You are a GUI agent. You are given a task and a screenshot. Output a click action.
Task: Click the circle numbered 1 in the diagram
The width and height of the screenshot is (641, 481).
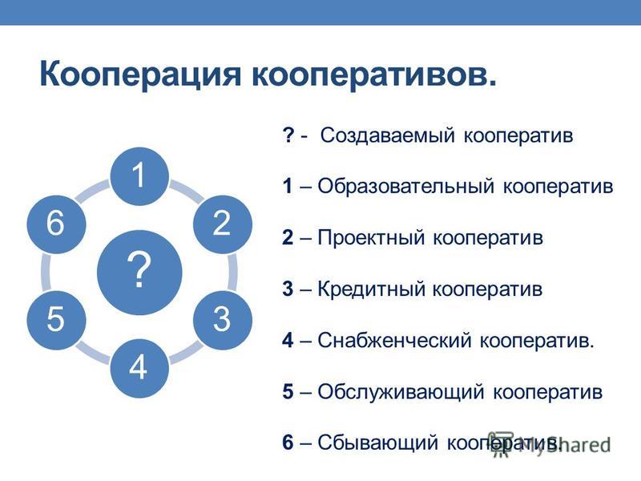click(x=139, y=176)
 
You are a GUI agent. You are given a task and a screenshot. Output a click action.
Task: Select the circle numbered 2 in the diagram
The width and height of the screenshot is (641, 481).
click(x=223, y=224)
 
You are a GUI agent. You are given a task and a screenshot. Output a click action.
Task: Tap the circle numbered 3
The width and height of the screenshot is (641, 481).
click(x=223, y=320)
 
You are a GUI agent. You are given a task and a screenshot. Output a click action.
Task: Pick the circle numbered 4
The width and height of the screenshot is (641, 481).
click(x=139, y=368)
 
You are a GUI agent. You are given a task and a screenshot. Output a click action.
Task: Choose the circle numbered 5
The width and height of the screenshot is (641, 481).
click(x=56, y=320)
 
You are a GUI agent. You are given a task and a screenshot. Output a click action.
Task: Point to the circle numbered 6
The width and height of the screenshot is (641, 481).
click(x=56, y=224)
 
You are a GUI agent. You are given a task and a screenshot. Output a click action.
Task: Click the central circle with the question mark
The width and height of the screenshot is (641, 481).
click(x=139, y=272)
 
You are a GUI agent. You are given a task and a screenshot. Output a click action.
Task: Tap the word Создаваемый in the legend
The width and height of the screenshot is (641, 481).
click(x=387, y=135)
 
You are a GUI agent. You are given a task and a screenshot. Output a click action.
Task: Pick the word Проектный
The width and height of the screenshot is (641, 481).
click(x=371, y=238)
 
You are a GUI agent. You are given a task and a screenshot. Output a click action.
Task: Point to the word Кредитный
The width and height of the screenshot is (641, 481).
click(x=371, y=289)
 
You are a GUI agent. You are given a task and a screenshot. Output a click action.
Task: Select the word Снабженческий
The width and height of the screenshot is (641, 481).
click(x=394, y=340)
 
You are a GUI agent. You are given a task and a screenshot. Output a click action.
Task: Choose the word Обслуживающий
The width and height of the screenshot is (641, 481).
click(x=401, y=392)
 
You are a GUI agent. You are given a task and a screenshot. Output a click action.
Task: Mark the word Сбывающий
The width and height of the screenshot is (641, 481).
click(x=378, y=443)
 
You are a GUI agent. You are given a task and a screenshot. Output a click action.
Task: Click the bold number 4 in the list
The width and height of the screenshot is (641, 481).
click(x=288, y=340)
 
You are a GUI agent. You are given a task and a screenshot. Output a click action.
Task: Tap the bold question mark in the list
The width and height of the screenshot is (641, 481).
click(x=288, y=135)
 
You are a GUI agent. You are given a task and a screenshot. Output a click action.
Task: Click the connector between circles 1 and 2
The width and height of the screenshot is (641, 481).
click(x=187, y=192)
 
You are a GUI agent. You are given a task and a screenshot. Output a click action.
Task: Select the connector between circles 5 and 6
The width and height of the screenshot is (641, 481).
click(x=46, y=272)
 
